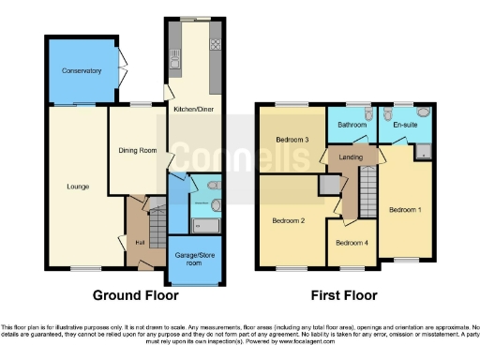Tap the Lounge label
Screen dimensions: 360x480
click(x=78, y=187)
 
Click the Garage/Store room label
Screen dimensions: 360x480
click(x=195, y=257)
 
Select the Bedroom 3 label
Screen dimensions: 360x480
click(x=292, y=141)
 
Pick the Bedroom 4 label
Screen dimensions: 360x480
click(x=352, y=243)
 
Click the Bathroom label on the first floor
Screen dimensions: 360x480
click(x=352, y=124)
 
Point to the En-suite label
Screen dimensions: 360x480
click(x=405, y=124)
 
